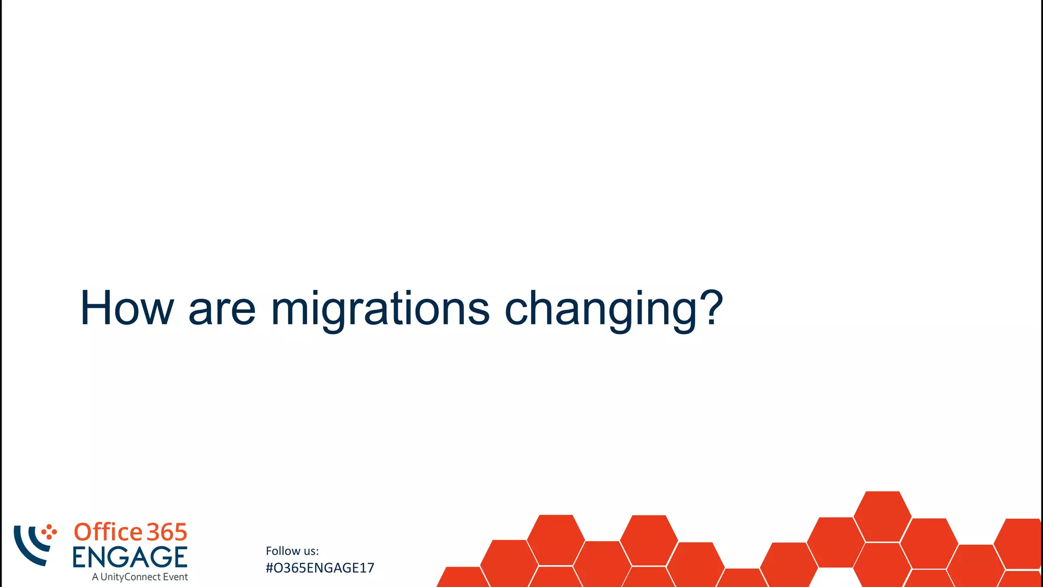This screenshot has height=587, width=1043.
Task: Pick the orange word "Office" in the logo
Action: (108, 532)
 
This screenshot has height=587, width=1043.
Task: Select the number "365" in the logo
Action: (167, 532)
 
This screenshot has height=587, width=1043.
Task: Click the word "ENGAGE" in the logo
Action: (130, 557)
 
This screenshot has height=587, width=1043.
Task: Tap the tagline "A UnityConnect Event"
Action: (140, 577)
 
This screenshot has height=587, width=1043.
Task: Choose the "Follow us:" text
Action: (292, 551)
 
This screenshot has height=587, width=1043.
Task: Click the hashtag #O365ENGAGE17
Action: (320, 568)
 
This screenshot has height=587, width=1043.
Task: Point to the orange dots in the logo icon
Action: (49, 532)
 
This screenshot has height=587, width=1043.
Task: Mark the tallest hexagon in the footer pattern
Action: (883, 516)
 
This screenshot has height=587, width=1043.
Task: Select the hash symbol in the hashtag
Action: (269, 568)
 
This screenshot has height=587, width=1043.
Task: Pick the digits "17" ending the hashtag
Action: (368, 568)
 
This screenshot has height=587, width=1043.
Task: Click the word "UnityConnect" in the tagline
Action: (130, 577)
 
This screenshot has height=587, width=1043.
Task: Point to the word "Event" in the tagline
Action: (175, 577)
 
